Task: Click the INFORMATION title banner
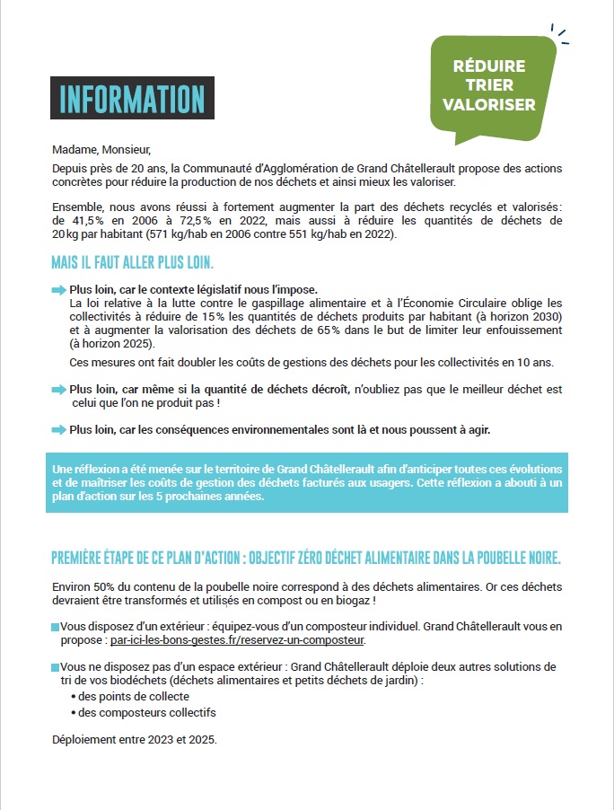(132, 99)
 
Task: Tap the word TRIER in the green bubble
(489, 85)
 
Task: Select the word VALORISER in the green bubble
(489, 104)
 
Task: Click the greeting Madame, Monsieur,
(96, 149)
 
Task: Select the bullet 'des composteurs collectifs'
(146, 713)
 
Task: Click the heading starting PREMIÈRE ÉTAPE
(306, 558)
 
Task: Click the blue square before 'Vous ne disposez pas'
(55, 667)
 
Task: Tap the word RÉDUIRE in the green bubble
(489, 66)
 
